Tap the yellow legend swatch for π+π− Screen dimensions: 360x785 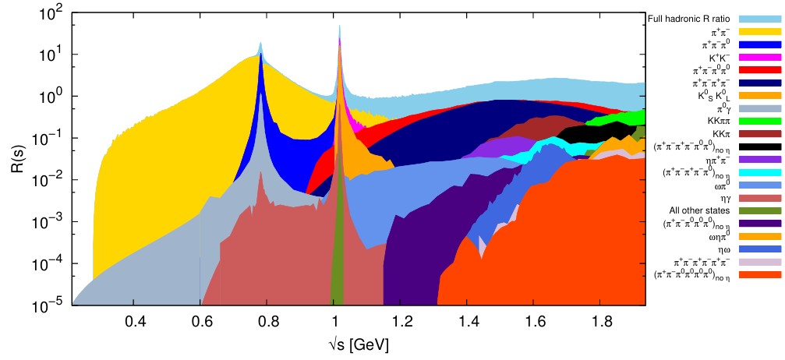coord(760,32)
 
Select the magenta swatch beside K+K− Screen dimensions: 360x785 coord(760,58)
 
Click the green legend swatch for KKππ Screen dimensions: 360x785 coord(760,121)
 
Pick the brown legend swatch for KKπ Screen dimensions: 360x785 coord(760,133)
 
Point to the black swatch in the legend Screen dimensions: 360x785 coord(760,146)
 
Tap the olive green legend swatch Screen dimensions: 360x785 coord(760,210)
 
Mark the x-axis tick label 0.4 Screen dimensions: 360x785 coord(135,320)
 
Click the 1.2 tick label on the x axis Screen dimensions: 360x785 coord(401,320)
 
